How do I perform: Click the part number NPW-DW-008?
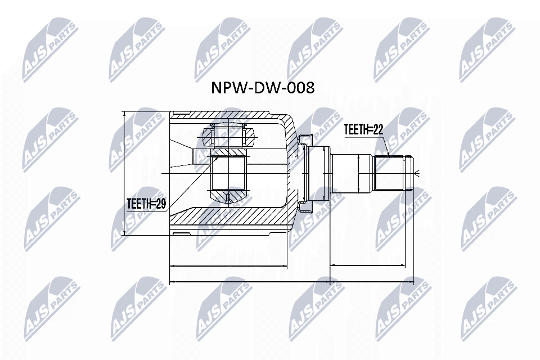(262, 88)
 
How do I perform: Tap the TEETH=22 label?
(363, 130)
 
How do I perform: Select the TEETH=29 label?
(146, 204)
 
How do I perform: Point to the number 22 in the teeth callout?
(377, 130)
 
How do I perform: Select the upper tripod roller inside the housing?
(228, 134)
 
